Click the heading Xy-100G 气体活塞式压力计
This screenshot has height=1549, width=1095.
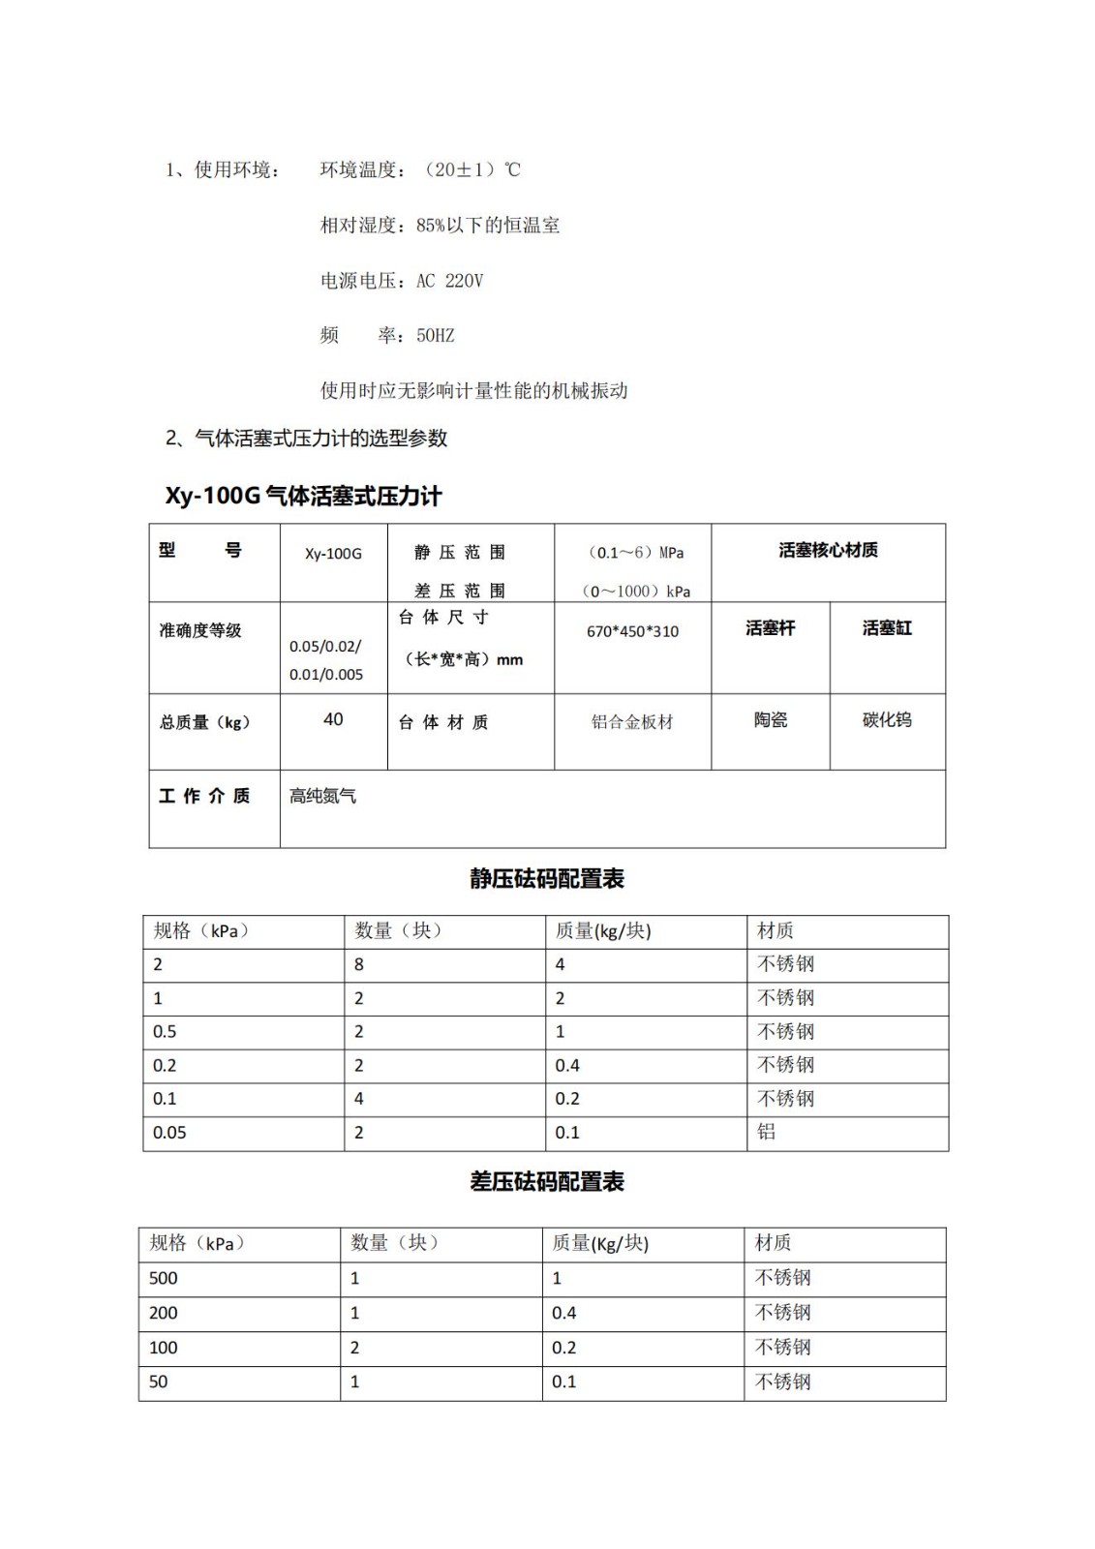tap(303, 497)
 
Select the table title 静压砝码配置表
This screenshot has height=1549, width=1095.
tap(547, 879)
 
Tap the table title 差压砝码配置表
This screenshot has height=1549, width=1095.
tap(547, 1182)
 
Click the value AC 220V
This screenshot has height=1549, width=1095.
tap(449, 281)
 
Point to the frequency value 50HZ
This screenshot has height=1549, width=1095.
tap(435, 336)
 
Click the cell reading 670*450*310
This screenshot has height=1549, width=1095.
tap(632, 631)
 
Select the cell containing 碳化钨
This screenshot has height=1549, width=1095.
tap(887, 720)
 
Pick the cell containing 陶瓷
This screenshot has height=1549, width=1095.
tap(771, 720)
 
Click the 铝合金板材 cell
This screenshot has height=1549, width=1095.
tap(632, 722)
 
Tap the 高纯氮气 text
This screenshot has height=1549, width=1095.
tap(322, 796)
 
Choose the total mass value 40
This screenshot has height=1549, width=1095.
tap(333, 719)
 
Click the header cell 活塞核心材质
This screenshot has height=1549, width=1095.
tap(828, 550)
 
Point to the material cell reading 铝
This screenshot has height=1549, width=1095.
tap(766, 1132)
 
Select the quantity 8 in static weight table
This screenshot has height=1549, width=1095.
tap(359, 964)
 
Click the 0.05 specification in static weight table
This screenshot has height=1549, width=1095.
tap(169, 1133)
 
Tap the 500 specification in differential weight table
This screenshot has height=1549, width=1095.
tap(164, 1278)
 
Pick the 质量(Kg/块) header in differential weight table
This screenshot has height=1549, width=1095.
tap(600, 1243)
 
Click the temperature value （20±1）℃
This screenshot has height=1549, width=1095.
tap(472, 170)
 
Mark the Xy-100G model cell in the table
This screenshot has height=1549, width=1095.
tap(333, 554)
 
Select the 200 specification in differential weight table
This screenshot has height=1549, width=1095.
tap(164, 1313)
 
